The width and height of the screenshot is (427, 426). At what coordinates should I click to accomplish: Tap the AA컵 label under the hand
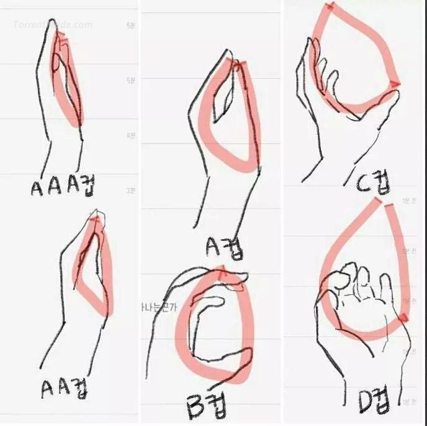65,389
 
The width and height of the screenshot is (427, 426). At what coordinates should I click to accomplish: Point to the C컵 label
372,182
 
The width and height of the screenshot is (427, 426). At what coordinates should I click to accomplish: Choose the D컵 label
373,401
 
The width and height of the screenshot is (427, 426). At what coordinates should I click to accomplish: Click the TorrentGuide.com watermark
53,25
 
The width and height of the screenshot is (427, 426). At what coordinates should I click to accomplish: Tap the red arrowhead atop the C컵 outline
329,7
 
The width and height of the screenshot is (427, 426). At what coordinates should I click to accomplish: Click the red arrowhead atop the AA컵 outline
94,219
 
